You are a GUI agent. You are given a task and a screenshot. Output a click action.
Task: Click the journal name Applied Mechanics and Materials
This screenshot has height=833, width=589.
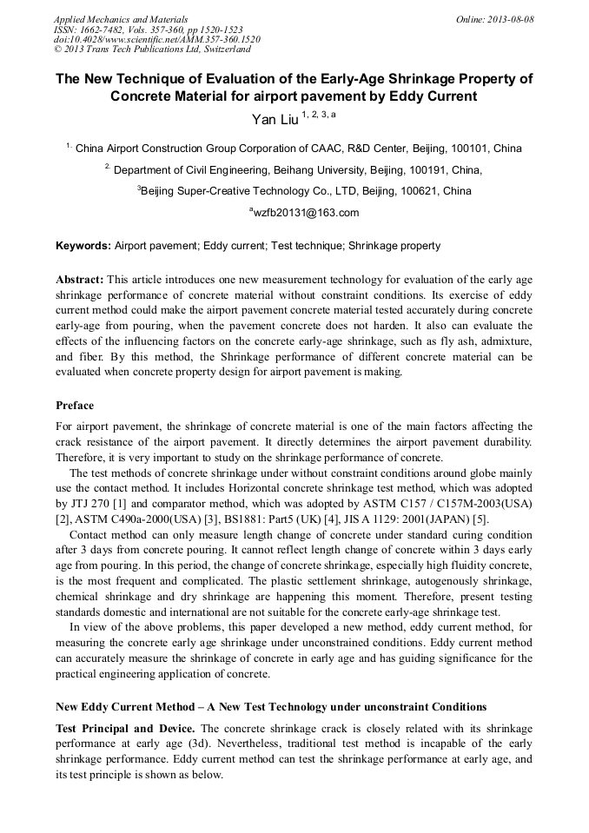pyautogui.click(x=120, y=18)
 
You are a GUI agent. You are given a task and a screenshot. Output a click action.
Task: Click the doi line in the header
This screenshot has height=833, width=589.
pyautogui.click(x=156, y=39)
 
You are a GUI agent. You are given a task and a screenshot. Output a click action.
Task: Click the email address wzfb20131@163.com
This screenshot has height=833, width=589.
pyautogui.click(x=304, y=214)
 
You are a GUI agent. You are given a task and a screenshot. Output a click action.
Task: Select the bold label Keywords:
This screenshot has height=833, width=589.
pyautogui.click(x=83, y=246)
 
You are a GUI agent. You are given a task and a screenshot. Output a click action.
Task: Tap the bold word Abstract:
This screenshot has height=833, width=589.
pyautogui.click(x=80, y=280)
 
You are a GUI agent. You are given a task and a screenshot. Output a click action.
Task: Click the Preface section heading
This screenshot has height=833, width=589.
pyautogui.click(x=75, y=405)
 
